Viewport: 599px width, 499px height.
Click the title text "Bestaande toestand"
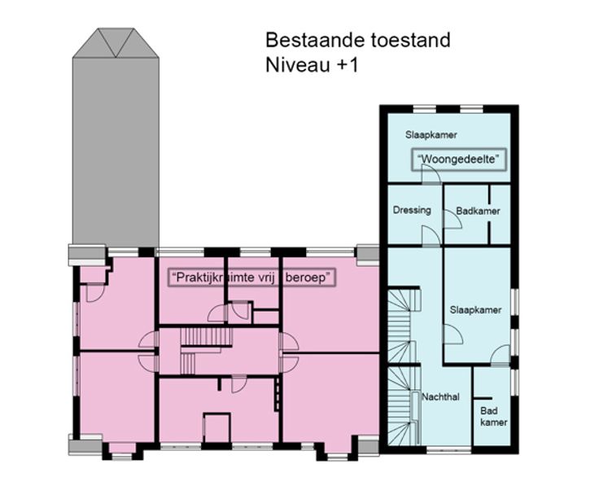pyautogui.click(x=358, y=40)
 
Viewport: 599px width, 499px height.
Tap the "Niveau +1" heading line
pyautogui.click(x=312, y=64)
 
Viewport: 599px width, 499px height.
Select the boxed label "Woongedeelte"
pyautogui.click(x=459, y=159)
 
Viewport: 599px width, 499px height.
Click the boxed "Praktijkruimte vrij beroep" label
pyautogui.click(x=251, y=277)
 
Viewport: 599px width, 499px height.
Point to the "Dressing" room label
pyautogui.click(x=412, y=210)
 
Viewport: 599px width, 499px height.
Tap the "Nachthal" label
pyautogui.click(x=440, y=396)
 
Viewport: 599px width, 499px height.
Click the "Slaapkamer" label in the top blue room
pyautogui.click(x=431, y=134)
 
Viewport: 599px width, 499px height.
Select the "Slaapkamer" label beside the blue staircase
pyautogui.click(x=475, y=310)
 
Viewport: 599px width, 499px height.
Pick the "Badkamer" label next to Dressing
pyautogui.click(x=478, y=211)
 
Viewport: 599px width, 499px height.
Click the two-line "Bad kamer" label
pyautogui.click(x=493, y=417)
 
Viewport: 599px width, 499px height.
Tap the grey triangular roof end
pyautogui.click(x=116, y=43)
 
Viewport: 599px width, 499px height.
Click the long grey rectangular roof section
pyautogui.click(x=116, y=152)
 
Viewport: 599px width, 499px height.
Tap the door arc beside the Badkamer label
pyautogui.click(x=453, y=219)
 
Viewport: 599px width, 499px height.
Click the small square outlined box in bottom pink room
pyautogui.click(x=216, y=428)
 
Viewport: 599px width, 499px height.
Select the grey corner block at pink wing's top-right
pyautogui.click(x=368, y=254)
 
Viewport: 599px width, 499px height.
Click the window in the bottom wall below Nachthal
pyautogui.click(x=449, y=450)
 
